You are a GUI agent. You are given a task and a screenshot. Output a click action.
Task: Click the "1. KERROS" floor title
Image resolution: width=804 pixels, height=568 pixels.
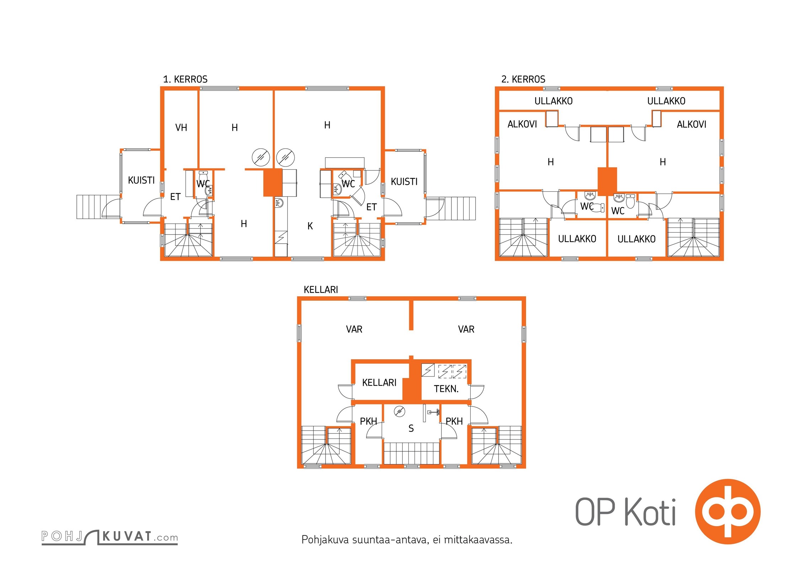(x=185, y=79)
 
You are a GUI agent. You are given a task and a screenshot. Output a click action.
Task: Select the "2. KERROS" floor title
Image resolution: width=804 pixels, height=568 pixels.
(x=523, y=79)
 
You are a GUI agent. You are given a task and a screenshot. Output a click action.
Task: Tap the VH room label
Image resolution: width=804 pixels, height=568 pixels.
(x=181, y=127)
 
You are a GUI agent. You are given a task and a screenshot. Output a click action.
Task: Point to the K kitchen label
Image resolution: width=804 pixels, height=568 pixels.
(x=310, y=226)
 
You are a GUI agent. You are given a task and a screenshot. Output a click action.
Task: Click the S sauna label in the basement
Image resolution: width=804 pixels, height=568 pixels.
(x=411, y=428)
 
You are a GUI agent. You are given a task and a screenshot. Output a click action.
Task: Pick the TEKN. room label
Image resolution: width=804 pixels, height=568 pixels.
(x=446, y=389)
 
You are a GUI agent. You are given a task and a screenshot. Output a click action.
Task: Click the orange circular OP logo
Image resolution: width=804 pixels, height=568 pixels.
(x=728, y=512)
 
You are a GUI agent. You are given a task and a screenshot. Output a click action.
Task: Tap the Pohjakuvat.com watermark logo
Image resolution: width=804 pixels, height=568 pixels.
(x=109, y=537)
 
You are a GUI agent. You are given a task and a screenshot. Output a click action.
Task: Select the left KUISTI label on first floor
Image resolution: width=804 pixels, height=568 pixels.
(x=141, y=180)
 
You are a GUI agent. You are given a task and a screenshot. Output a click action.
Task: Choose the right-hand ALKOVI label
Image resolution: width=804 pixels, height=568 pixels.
(x=691, y=124)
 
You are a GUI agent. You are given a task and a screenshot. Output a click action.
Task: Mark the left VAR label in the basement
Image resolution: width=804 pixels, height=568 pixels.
(x=354, y=329)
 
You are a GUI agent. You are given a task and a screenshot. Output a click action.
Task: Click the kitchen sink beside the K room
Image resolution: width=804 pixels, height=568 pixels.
(x=279, y=203)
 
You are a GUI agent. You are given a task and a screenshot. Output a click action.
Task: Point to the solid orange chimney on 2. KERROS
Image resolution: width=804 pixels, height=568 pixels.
(x=607, y=181)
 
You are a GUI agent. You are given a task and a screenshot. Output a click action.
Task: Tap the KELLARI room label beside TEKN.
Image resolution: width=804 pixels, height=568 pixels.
(x=379, y=383)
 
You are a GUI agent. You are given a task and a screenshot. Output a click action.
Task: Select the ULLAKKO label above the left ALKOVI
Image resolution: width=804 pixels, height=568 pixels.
(x=553, y=101)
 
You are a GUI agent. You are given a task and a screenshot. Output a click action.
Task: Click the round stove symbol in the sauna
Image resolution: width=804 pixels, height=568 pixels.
(x=400, y=411)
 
